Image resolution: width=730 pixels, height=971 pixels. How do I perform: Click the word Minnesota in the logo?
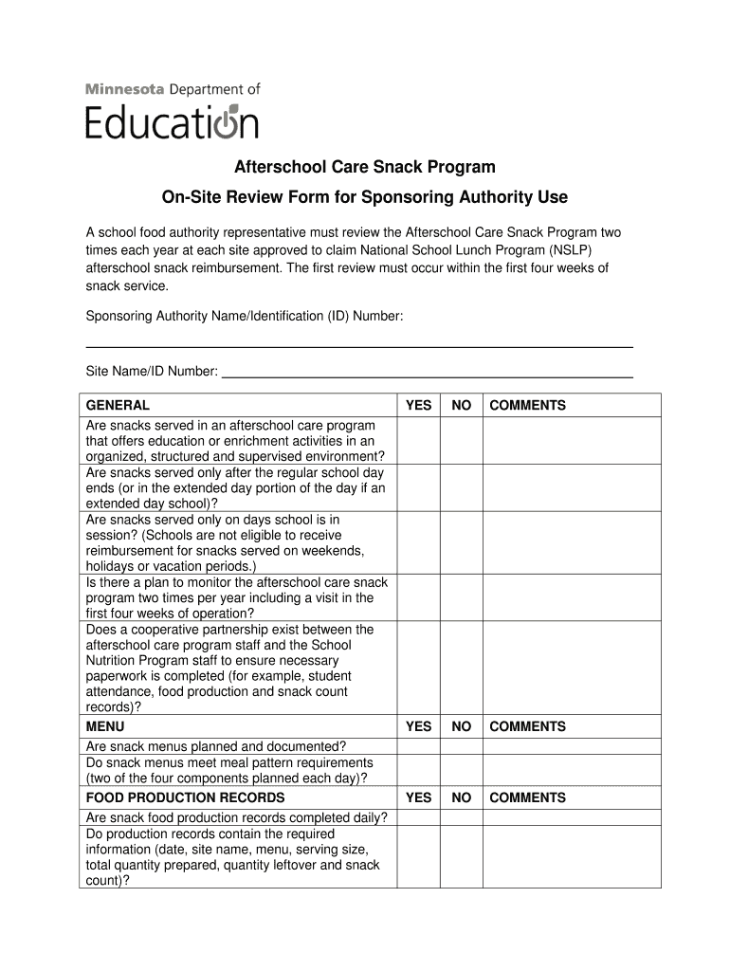[124, 89]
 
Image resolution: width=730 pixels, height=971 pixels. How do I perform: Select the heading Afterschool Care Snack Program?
[365, 168]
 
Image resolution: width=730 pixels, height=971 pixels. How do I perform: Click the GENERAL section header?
[118, 405]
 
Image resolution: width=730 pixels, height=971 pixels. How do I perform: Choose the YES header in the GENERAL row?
[418, 405]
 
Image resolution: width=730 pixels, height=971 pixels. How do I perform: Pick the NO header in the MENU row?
[462, 726]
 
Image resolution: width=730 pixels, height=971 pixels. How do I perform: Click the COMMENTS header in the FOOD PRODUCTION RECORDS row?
[527, 797]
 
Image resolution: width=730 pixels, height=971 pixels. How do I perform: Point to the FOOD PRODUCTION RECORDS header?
[185, 797]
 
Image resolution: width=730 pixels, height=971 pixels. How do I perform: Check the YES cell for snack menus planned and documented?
[418, 746]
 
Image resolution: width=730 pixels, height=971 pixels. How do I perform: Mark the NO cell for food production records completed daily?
[462, 817]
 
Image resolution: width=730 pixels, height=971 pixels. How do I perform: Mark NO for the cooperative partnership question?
[462, 668]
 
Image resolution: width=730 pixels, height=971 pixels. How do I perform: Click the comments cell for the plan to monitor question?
[572, 597]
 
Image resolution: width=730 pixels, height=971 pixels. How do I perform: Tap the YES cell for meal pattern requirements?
[418, 770]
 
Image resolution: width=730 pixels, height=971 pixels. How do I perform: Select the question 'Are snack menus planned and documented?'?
[216, 746]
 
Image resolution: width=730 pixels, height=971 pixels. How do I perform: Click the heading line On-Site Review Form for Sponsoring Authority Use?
[365, 197]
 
